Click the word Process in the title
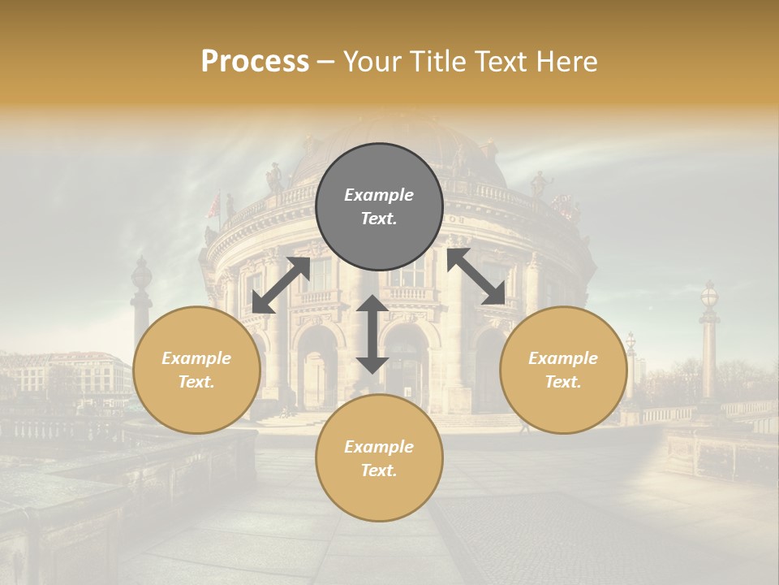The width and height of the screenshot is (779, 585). pyautogui.click(x=255, y=62)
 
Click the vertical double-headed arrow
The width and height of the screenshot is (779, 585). pyautogui.click(x=372, y=334)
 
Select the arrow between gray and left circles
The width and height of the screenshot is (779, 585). pyautogui.click(x=281, y=285)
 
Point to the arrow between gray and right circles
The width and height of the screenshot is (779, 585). pyautogui.click(x=476, y=276)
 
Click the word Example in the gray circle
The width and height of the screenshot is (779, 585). pyautogui.click(x=379, y=195)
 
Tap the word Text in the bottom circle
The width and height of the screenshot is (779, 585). pyautogui.click(x=378, y=470)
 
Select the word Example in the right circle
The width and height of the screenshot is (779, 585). pyautogui.click(x=563, y=358)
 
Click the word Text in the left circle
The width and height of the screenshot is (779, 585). pyautogui.click(x=196, y=382)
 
